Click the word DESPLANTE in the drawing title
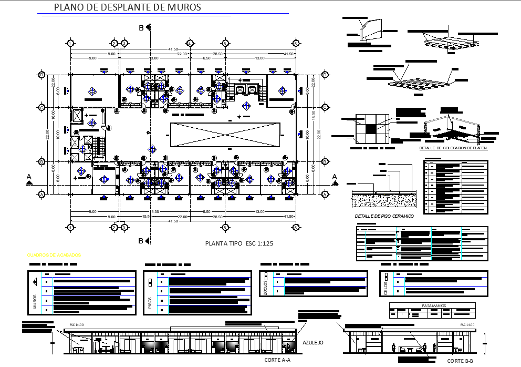128,8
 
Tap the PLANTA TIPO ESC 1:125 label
239,243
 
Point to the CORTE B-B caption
460,361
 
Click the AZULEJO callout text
312,343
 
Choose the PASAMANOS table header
432,305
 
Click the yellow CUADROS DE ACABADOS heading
54,255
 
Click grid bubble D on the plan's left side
41,75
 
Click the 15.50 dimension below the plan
146,217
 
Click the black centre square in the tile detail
371,129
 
